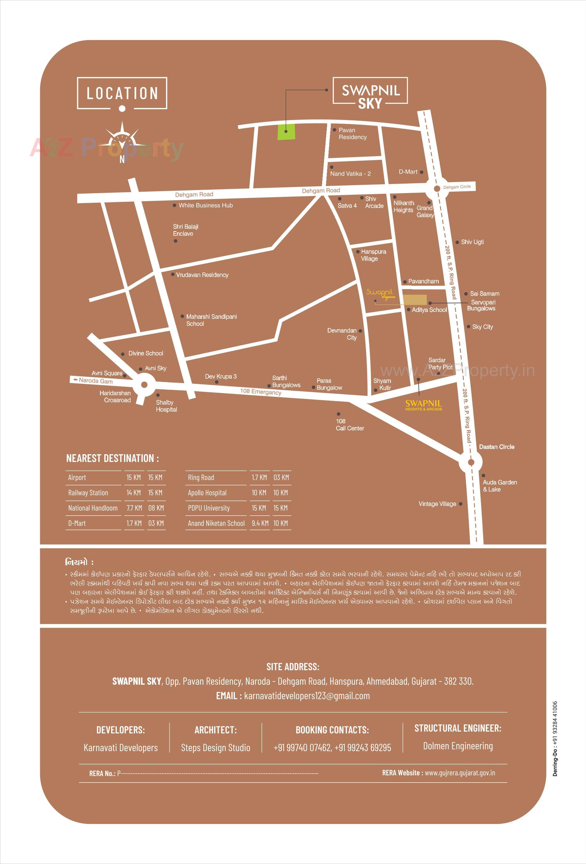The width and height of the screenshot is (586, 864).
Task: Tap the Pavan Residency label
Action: [x=352, y=134]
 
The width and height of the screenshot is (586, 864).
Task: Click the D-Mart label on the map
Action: [x=408, y=172]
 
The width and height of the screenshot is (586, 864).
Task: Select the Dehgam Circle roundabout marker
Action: [x=437, y=189]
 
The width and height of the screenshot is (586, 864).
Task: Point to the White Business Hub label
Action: [x=206, y=205]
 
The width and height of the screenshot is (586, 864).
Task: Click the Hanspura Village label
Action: [x=373, y=255]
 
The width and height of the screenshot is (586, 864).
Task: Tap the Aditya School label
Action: [x=429, y=310]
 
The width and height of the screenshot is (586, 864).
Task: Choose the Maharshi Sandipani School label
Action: [x=211, y=320]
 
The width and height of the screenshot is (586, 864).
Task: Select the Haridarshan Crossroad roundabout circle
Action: [x=144, y=385]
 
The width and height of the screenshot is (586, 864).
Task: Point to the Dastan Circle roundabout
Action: [x=471, y=462]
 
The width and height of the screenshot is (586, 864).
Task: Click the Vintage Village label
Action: [x=437, y=504]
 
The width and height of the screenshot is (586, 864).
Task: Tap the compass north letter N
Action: [x=122, y=159]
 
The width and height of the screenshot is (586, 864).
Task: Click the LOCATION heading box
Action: [x=122, y=93]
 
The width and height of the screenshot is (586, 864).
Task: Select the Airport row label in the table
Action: [x=77, y=477]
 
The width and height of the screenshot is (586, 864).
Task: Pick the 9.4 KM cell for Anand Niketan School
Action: [x=260, y=523]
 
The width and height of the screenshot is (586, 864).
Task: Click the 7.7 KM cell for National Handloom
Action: [x=134, y=508]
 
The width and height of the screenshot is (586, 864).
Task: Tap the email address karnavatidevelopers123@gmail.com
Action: [x=307, y=696]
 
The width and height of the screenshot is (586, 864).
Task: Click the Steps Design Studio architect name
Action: [x=215, y=747]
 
